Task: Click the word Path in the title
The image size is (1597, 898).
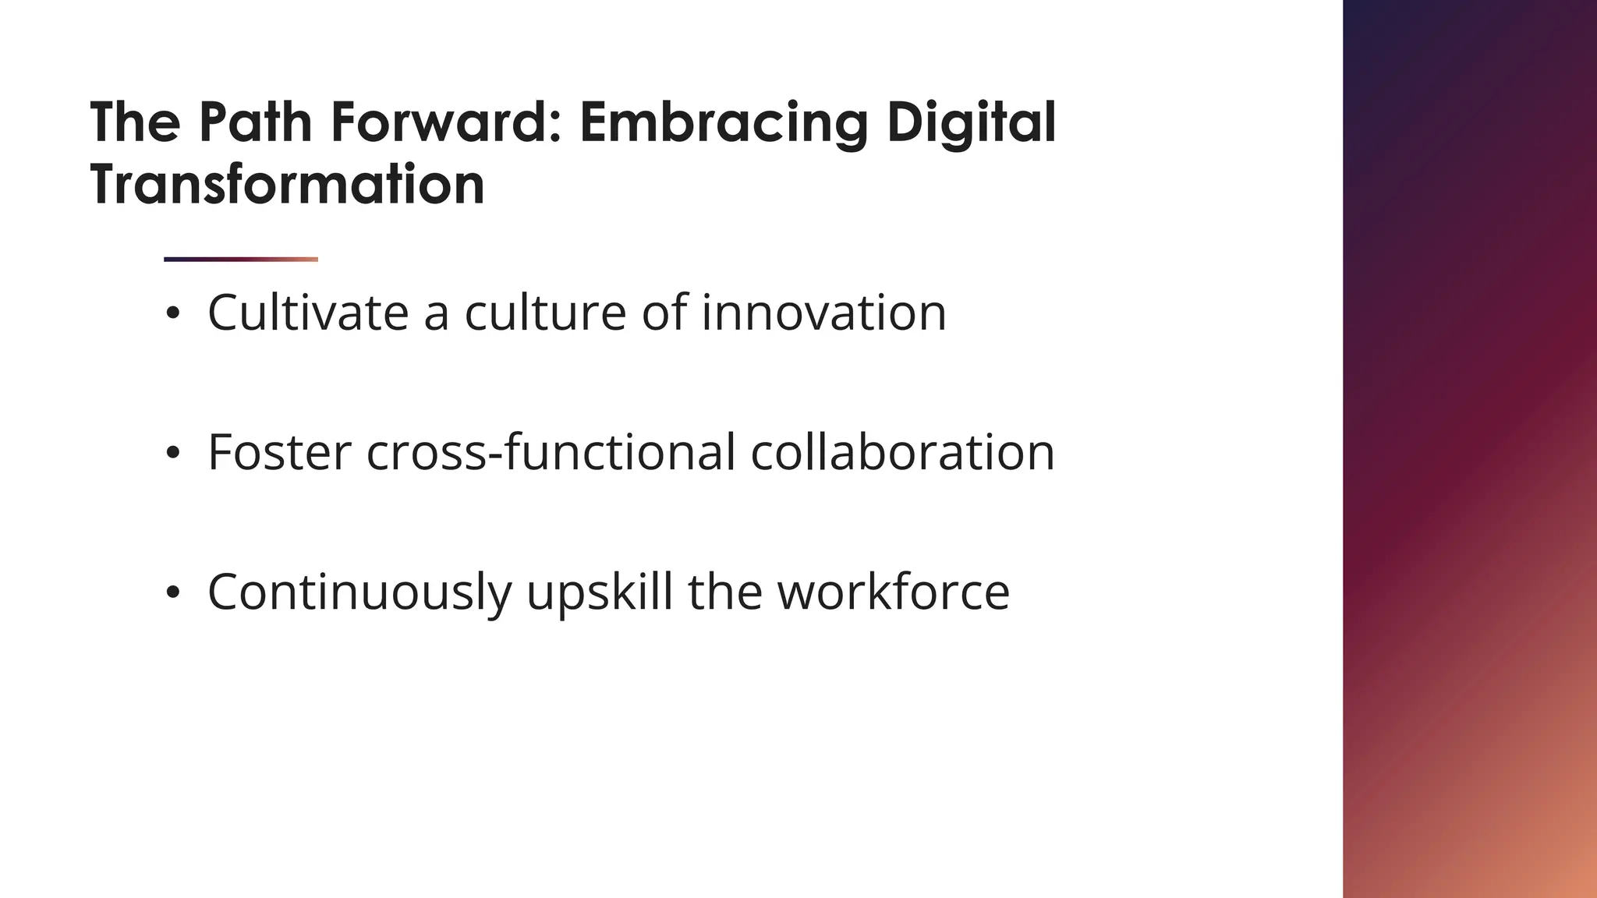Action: [255, 122]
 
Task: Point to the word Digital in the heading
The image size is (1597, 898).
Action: [971, 122]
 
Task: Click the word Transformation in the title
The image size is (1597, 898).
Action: [287, 185]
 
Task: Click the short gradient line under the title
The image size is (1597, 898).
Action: [241, 260]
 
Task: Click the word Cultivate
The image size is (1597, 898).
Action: [308, 313]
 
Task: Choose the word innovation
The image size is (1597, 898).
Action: [823, 313]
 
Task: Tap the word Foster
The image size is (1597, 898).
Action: [279, 452]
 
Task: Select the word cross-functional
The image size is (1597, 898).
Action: [551, 452]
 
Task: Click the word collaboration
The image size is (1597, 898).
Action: [902, 452]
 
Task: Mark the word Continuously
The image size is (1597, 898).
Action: [359, 592]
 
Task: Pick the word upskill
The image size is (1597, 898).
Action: [599, 592]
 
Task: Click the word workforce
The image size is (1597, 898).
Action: [894, 592]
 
